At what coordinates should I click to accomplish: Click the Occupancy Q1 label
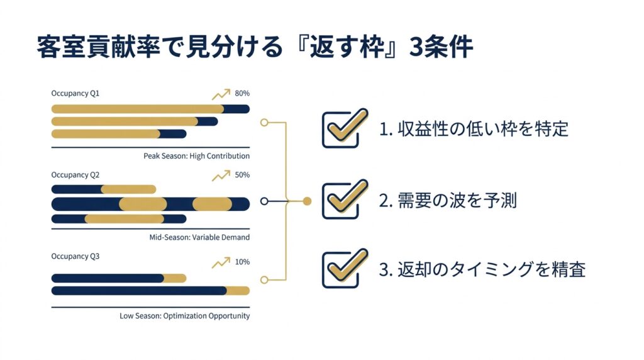click(75, 93)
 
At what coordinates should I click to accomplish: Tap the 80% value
click(242, 93)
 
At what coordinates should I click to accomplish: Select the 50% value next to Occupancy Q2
click(242, 175)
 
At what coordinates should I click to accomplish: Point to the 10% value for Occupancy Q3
click(242, 262)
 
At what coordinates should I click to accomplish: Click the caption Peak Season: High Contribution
click(196, 155)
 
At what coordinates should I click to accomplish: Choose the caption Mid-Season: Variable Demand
click(199, 237)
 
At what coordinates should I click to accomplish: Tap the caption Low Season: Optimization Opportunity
click(184, 315)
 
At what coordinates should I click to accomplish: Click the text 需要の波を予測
click(457, 201)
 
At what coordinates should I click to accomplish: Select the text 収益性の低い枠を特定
click(482, 129)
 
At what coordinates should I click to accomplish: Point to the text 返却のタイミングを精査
click(491, 269)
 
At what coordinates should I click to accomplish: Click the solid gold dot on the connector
click(307, 201)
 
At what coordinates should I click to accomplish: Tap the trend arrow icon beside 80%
click(221, 94)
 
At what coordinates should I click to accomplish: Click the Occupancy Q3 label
click(75, 256)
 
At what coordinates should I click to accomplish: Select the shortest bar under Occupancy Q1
click(119, 134)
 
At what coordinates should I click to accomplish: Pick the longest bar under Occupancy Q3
click(150, 291)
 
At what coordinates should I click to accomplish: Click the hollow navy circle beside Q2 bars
click(264, 201)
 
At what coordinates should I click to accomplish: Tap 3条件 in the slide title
click(441, 47)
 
